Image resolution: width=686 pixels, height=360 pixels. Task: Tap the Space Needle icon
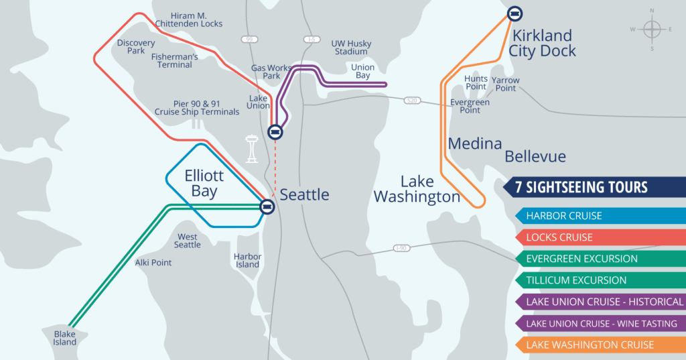pos(252,149)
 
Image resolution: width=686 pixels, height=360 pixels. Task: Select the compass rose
pos(651,29)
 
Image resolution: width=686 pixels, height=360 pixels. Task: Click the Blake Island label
pos(66,338)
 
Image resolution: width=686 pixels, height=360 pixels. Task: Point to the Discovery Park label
pos(136,46)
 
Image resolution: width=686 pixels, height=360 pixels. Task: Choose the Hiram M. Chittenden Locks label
pos(188,19)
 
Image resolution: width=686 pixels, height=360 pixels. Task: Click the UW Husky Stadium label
pos(351,48)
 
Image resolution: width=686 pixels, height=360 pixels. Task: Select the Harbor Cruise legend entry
pos(564,216)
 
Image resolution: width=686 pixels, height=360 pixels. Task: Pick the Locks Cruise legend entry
pos(559,237)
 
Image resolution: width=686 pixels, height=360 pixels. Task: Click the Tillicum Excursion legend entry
pos(576,280)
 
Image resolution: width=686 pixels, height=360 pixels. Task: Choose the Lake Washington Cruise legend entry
pos(590,345)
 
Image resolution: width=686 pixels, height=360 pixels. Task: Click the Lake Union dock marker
pos(275,132)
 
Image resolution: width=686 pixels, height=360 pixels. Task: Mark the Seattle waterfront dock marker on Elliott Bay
pos(267,206)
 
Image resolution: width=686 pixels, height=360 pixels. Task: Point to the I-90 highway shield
pos(401,248)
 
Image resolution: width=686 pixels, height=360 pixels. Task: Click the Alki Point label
pos(153,263)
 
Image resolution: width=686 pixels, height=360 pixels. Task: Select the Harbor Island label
pos(247,260)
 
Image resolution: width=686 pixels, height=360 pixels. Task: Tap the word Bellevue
pos(535,157)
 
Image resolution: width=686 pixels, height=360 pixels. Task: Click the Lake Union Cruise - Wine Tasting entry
pos(601,323)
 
